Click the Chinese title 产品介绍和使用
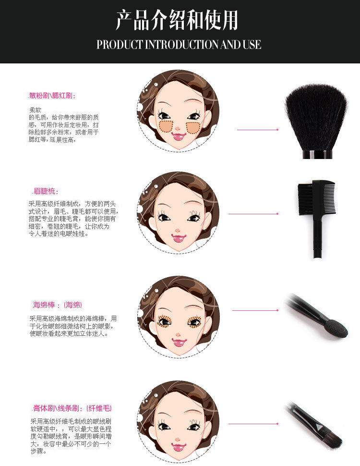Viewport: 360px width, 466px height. click(177, 20)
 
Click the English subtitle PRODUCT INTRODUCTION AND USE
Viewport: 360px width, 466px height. click(179, 45)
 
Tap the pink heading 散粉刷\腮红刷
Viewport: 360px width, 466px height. click(52, 96)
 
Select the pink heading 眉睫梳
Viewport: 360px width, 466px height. click(45, 191)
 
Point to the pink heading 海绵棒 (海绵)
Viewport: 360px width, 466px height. click(57, 305)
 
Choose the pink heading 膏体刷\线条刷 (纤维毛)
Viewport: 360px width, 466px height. click(72, 408)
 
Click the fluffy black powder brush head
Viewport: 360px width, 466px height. click(316, 117)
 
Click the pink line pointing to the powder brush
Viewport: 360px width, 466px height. click(258, 130)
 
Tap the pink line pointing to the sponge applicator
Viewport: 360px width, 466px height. click(255, 310)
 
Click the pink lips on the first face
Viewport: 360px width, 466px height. click(178, 136)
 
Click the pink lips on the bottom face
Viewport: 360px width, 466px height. click(179, 447)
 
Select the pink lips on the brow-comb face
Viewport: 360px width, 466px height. click(179, 238)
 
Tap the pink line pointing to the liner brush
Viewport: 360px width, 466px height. click(253, 424)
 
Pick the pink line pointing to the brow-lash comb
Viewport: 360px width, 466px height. click(253, 214)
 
